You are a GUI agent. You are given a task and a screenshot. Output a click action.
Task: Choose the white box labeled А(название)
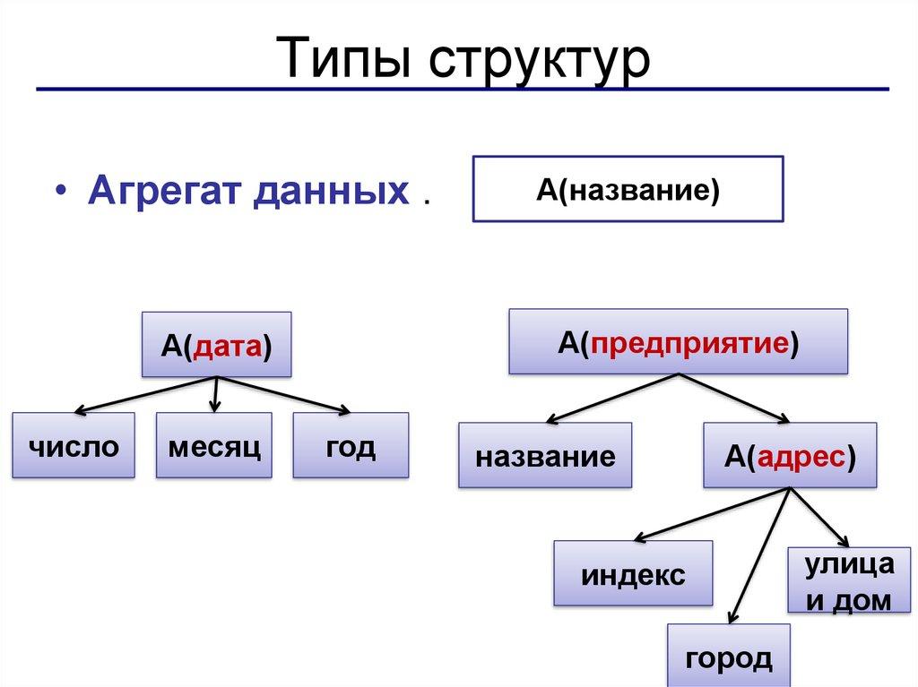point(628,188)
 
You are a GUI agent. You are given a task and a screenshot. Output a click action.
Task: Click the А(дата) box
point(216,344)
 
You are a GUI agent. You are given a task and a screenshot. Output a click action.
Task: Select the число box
point(74,445)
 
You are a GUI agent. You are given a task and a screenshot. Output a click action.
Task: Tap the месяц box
point(214,444)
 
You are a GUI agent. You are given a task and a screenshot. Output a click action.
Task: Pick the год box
point(351,445)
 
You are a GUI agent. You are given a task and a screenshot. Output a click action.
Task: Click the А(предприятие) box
point(678,341)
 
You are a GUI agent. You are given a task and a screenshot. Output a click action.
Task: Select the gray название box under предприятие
point(545,456)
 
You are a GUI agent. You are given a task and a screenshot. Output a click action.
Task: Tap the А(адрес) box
point(790,456)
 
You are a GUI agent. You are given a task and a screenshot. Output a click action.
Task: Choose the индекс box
point(633,573)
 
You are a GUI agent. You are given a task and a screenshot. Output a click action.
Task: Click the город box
point(729,657)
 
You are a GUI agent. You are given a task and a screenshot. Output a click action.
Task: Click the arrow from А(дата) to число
point(143,395)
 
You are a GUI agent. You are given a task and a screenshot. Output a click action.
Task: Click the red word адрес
point(802,456)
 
